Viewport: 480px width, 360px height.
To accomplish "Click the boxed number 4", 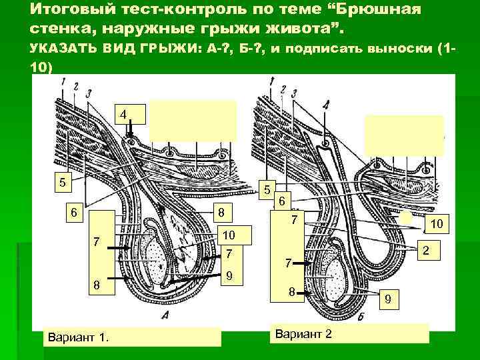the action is pos(123,114).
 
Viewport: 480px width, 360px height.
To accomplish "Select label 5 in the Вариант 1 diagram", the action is pos(62,181).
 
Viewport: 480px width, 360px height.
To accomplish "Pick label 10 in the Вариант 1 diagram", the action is pos(229,235).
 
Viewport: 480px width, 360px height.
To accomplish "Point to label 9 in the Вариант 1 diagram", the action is pos(229,275).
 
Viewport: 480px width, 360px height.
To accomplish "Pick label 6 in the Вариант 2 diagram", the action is pos(282,200).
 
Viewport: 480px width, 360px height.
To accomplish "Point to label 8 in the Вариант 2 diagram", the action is pos(291,291).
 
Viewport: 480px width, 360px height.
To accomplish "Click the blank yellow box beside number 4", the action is pos(193,120).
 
